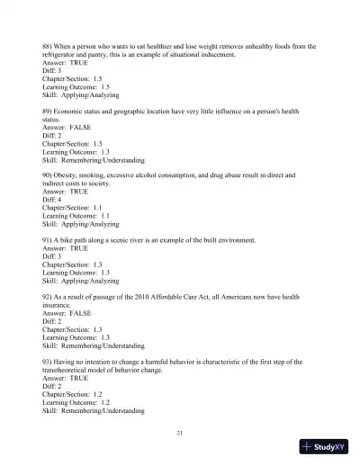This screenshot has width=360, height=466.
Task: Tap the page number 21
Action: point(180,434)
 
